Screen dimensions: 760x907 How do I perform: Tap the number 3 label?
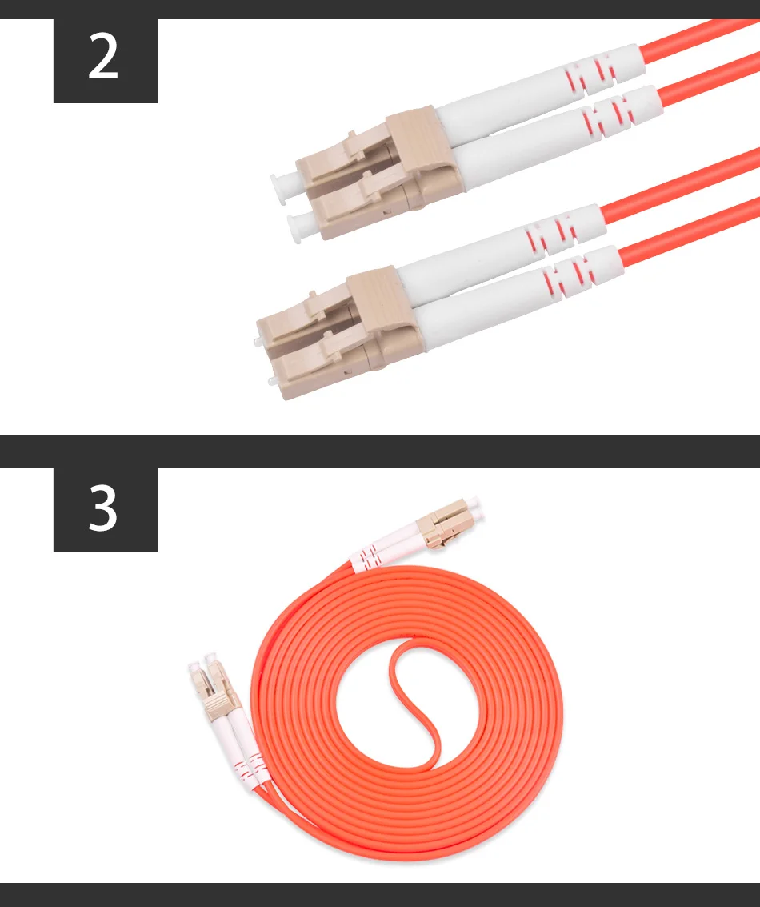pos(103,508)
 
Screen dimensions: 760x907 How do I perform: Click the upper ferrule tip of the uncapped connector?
pos(257,343)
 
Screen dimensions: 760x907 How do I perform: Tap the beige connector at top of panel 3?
pos(442,524)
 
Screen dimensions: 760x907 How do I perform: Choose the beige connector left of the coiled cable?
pos(211,691)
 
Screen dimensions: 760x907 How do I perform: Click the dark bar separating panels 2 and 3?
pos(380,451)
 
